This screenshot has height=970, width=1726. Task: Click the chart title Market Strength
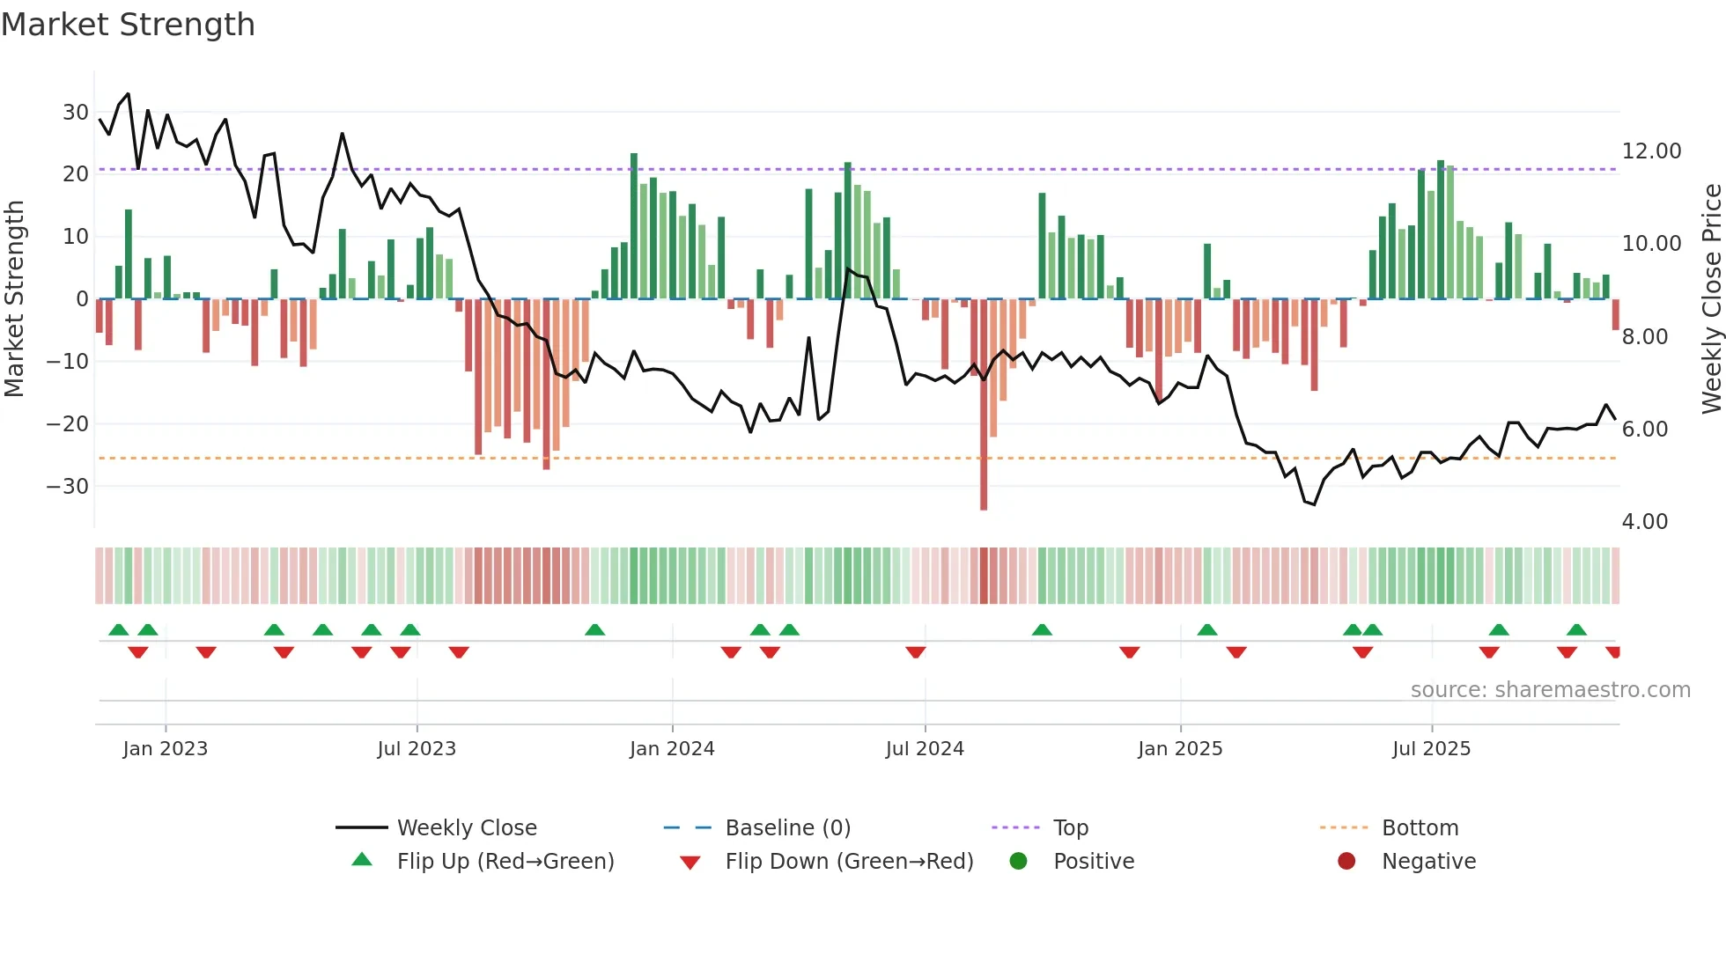point(128,25)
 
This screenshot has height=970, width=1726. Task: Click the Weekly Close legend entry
point(466,828)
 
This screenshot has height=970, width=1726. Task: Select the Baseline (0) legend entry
point(787,828)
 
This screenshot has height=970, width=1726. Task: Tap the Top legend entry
point(1070,828)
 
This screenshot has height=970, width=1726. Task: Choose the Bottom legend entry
point(1420,828)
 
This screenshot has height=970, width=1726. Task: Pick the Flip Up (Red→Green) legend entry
point(505,862)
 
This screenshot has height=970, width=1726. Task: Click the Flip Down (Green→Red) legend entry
point(848,862)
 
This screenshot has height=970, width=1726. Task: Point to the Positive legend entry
point(1093,862)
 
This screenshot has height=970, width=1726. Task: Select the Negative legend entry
point(1427,862)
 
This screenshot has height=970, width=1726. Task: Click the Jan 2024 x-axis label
point(672,749)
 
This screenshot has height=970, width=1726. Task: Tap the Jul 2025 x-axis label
point(1431,749)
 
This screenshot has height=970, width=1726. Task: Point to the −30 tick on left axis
point(68,487)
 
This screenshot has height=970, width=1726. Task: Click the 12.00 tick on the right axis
point(1651,151)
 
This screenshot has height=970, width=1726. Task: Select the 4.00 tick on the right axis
point(1644,522)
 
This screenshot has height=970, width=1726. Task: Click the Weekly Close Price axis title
point(1711,299)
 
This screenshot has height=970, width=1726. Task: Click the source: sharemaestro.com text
point(1550,690)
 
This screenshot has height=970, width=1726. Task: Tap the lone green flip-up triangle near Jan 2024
point(595,630)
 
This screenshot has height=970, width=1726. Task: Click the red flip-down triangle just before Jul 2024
point(916,652)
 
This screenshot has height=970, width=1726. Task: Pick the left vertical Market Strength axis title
point(15,299)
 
